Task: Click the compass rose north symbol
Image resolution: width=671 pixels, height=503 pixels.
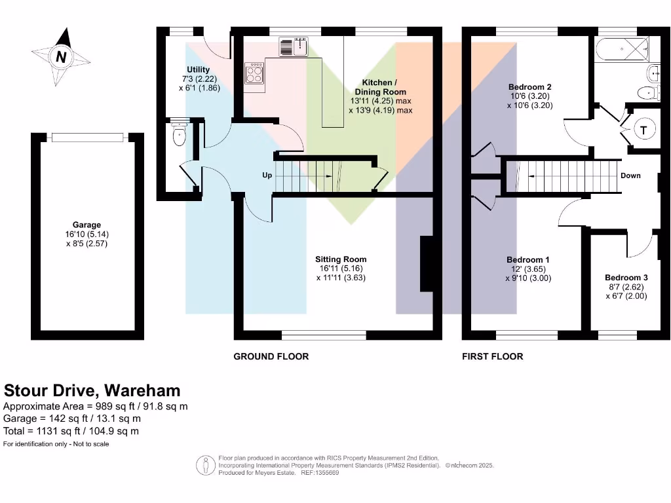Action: tap(61, 57)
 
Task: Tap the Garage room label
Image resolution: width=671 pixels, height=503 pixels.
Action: tap(86, 225)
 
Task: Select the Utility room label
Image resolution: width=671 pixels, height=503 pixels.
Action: tap(198, 69)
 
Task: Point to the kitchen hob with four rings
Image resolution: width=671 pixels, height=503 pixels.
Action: tap(254, 73)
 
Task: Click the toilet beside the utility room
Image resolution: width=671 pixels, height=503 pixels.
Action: tap(179, 136)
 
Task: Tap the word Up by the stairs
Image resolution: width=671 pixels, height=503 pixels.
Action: tap(267, 176)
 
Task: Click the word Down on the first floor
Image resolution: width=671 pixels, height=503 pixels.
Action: tap(630, 176)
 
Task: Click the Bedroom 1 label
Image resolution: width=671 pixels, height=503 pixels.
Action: tap(528, 259)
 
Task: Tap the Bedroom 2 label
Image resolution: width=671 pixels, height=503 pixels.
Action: tap(529, 86)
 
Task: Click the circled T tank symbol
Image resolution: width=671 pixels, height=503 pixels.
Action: tap(644, 130)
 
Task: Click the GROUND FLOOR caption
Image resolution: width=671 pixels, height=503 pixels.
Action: tap(271, 356)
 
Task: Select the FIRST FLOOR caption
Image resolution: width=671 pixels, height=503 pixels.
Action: tap(493, 356)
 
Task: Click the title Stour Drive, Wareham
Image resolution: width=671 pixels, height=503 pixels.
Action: tap(92, 391)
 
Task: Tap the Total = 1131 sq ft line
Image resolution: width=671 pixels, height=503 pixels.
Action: tap(71, 431)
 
